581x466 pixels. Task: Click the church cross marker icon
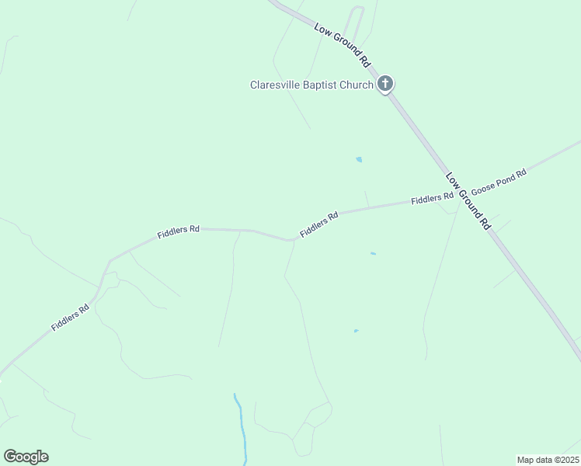point(385,84)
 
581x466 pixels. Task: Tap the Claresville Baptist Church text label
point(311,85)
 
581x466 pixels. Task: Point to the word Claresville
point(275,85)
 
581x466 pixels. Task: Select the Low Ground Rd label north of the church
point(343,45)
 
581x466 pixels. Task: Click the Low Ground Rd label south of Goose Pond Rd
point(468,200)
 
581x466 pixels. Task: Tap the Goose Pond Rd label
point(499,183)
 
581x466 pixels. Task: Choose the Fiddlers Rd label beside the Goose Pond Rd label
point(432,199)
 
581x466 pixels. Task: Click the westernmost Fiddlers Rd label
point(71,318)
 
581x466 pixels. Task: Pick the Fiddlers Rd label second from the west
point(179,231)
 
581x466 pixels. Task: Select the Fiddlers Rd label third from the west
point(320,225)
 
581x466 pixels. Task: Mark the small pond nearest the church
point(359,160)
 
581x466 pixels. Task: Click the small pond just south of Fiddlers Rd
point(374,253)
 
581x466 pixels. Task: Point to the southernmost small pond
point(356,331)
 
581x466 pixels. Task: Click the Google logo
point(26,457)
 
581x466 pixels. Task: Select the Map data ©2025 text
point(548,459)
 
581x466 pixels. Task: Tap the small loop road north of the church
point(355,19)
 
